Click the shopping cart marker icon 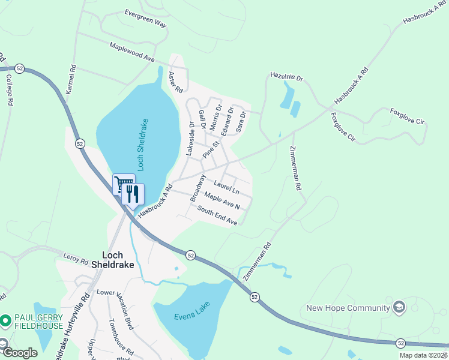point(123,183)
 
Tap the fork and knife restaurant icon point(133,193)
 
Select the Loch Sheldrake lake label point(143,145)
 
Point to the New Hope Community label point(348,308)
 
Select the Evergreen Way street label point(145,18)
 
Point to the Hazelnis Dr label point(287,78)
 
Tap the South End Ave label point(217,216)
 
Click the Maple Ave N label point(221,201)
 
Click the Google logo point(20,353)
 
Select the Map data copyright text point(423,355)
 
